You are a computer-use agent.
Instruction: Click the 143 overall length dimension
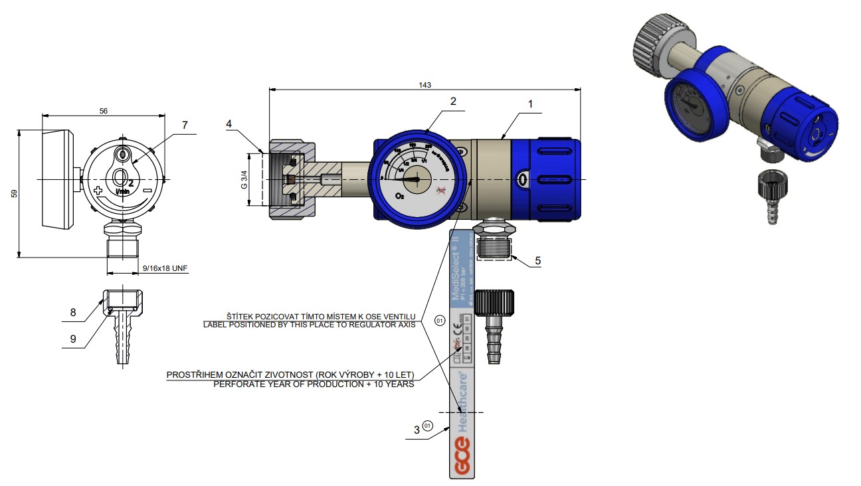425,84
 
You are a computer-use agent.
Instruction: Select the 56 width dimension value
104,111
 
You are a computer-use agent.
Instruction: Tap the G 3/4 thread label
244,180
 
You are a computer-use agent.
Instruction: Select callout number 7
185,125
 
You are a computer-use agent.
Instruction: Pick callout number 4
229,123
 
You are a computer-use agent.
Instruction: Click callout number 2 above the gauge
452,102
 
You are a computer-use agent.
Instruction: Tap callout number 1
530,104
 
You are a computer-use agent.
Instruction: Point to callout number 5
537,261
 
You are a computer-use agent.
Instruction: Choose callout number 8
73,312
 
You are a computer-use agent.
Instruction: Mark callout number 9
73,339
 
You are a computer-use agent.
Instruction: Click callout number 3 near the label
417,430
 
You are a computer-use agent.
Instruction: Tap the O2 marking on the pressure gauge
399,197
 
